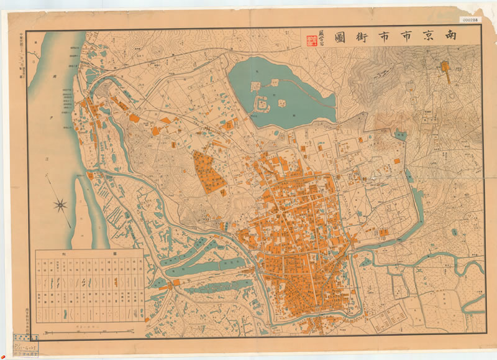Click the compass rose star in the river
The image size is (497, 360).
(62, 203)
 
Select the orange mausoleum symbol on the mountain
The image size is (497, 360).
(445, 66)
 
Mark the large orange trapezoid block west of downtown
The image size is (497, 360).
(209, 171)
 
